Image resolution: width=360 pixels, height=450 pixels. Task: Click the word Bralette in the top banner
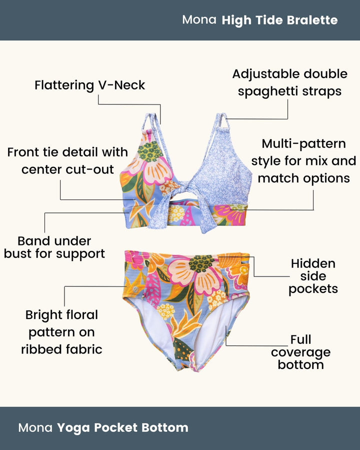(312, 20)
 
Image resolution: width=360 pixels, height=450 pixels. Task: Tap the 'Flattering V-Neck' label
(89, 85)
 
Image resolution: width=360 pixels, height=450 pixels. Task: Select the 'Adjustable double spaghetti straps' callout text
(289, 82)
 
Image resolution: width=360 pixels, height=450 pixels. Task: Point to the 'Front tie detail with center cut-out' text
(67, 160)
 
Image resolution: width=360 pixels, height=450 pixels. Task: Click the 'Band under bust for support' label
(54, 247)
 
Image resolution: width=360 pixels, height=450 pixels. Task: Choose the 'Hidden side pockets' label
(313, 276)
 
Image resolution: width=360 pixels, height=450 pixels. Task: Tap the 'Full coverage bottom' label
(300, 352)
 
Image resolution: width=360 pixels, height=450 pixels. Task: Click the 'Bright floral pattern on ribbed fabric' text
(61, 332)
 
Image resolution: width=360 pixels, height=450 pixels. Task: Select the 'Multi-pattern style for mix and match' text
(303, 161)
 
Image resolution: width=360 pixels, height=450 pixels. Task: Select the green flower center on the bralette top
(150, 151)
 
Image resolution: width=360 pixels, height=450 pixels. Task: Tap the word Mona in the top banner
(199, 20)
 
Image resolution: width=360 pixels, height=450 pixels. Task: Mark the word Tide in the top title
(269, 20)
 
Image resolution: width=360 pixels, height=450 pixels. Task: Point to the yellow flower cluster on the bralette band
(175, 214)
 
